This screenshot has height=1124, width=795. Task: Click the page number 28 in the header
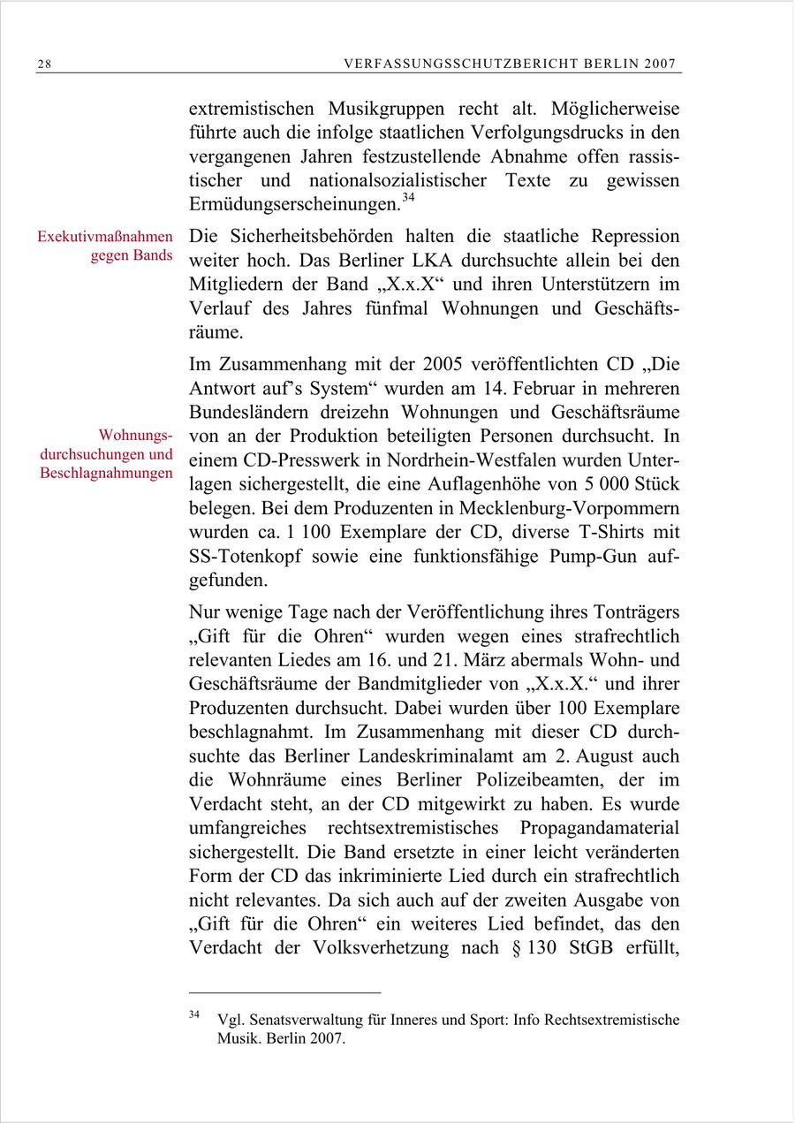click(x=44, y=65)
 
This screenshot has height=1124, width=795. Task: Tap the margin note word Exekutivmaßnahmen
click(x=105, y=238)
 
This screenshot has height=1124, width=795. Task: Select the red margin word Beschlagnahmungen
click(x=106, y=474)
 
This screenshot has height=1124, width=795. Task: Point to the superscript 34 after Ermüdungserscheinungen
click(x=408, y=199)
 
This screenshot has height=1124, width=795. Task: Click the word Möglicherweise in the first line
click(x=616, y=110)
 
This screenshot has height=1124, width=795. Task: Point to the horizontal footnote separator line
click(x=284, y=992)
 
